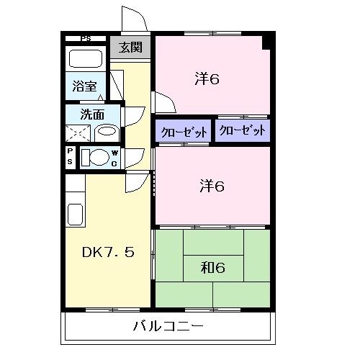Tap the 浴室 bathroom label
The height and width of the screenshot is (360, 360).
(x=84, y=86)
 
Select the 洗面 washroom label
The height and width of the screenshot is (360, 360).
(x=91, y=113)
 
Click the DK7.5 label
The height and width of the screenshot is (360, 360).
(x=107, y=253)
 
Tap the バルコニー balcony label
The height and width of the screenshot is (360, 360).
(x=168, y=327)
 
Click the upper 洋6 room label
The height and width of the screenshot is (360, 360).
(x=207, y=78)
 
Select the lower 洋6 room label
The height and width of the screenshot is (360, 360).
(x=212, y=186)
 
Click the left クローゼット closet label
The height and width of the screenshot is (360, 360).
(x=183, y=132)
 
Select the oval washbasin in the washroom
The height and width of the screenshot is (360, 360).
(x=106, y=132)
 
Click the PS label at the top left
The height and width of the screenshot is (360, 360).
(x=86, y=39)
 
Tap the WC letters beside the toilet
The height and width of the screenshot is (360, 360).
(x=114, y=158)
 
